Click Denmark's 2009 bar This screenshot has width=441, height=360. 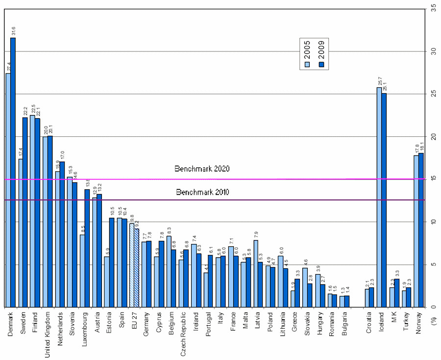[x=13, y=172]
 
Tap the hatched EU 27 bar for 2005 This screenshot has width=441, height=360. [x=131, y=265]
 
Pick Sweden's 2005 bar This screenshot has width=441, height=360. [x=20, y=233]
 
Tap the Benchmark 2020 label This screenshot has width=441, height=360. [x=202, y=169]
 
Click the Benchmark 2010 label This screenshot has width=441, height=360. [x=202, y=192]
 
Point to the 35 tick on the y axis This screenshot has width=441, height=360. [x=433, y=9]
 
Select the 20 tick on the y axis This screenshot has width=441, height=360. [x=433, y=136]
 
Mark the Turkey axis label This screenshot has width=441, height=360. [x=406, y=322]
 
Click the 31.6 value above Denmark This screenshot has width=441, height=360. [x=13, y=31]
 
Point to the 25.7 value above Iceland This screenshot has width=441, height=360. [x=379, y=81]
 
